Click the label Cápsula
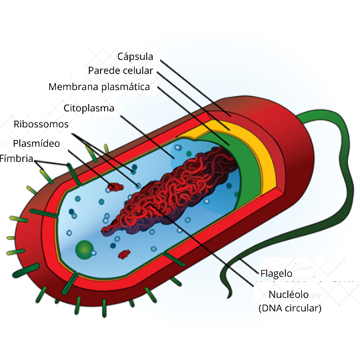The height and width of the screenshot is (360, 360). pos(135,57)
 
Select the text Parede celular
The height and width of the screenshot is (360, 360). pos(121,71)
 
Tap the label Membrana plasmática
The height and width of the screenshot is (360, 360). pos(99,87)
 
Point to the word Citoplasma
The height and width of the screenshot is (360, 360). pos(89,108)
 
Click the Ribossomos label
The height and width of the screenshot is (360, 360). pos(41,124)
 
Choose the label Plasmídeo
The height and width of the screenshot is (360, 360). pos(36,143)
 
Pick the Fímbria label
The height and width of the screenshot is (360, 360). pos(17,159)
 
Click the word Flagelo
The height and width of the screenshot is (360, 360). pos(276,273)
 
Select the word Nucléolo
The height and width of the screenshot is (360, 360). pos(289,295)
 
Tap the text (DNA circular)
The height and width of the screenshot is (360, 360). pos(290,308)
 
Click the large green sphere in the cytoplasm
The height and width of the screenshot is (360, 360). pos(84,250)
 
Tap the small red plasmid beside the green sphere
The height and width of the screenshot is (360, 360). pos(124,254)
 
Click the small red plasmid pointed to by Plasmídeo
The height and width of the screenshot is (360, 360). pos(115,187)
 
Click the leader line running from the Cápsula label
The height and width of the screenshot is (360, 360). pos(195,88)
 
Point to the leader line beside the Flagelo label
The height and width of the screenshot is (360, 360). pos(249,266)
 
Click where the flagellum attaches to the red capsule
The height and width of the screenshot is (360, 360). pos(299,118)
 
